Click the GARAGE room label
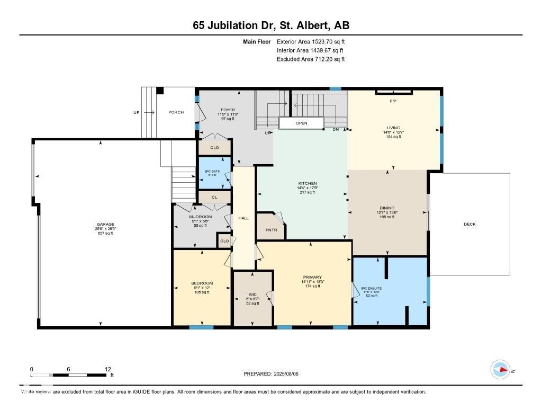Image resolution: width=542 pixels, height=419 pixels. click(x=105, y=224)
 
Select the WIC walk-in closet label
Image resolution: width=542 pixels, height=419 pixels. click(x=252, y=294)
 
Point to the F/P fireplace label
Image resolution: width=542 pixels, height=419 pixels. click(x=393, y=101)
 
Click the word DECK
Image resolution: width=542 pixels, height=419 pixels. click(x=469, y=224)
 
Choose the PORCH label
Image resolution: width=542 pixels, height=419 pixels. click(x=176, y=112)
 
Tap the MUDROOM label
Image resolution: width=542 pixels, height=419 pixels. click(x=201, y=217)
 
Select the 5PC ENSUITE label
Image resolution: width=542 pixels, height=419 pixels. click(x=371, y=289)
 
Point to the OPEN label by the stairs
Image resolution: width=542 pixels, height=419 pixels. click(x=301, y=123)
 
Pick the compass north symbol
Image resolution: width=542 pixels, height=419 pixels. click(x=500, y=370)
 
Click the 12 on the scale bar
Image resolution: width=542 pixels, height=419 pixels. click(x=108, y=369)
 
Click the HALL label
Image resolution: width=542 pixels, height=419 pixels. click(x=243, y=218)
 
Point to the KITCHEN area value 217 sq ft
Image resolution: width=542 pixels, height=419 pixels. click(x=307, y=192)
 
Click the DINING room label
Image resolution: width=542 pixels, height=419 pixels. click(x=387, y=208)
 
